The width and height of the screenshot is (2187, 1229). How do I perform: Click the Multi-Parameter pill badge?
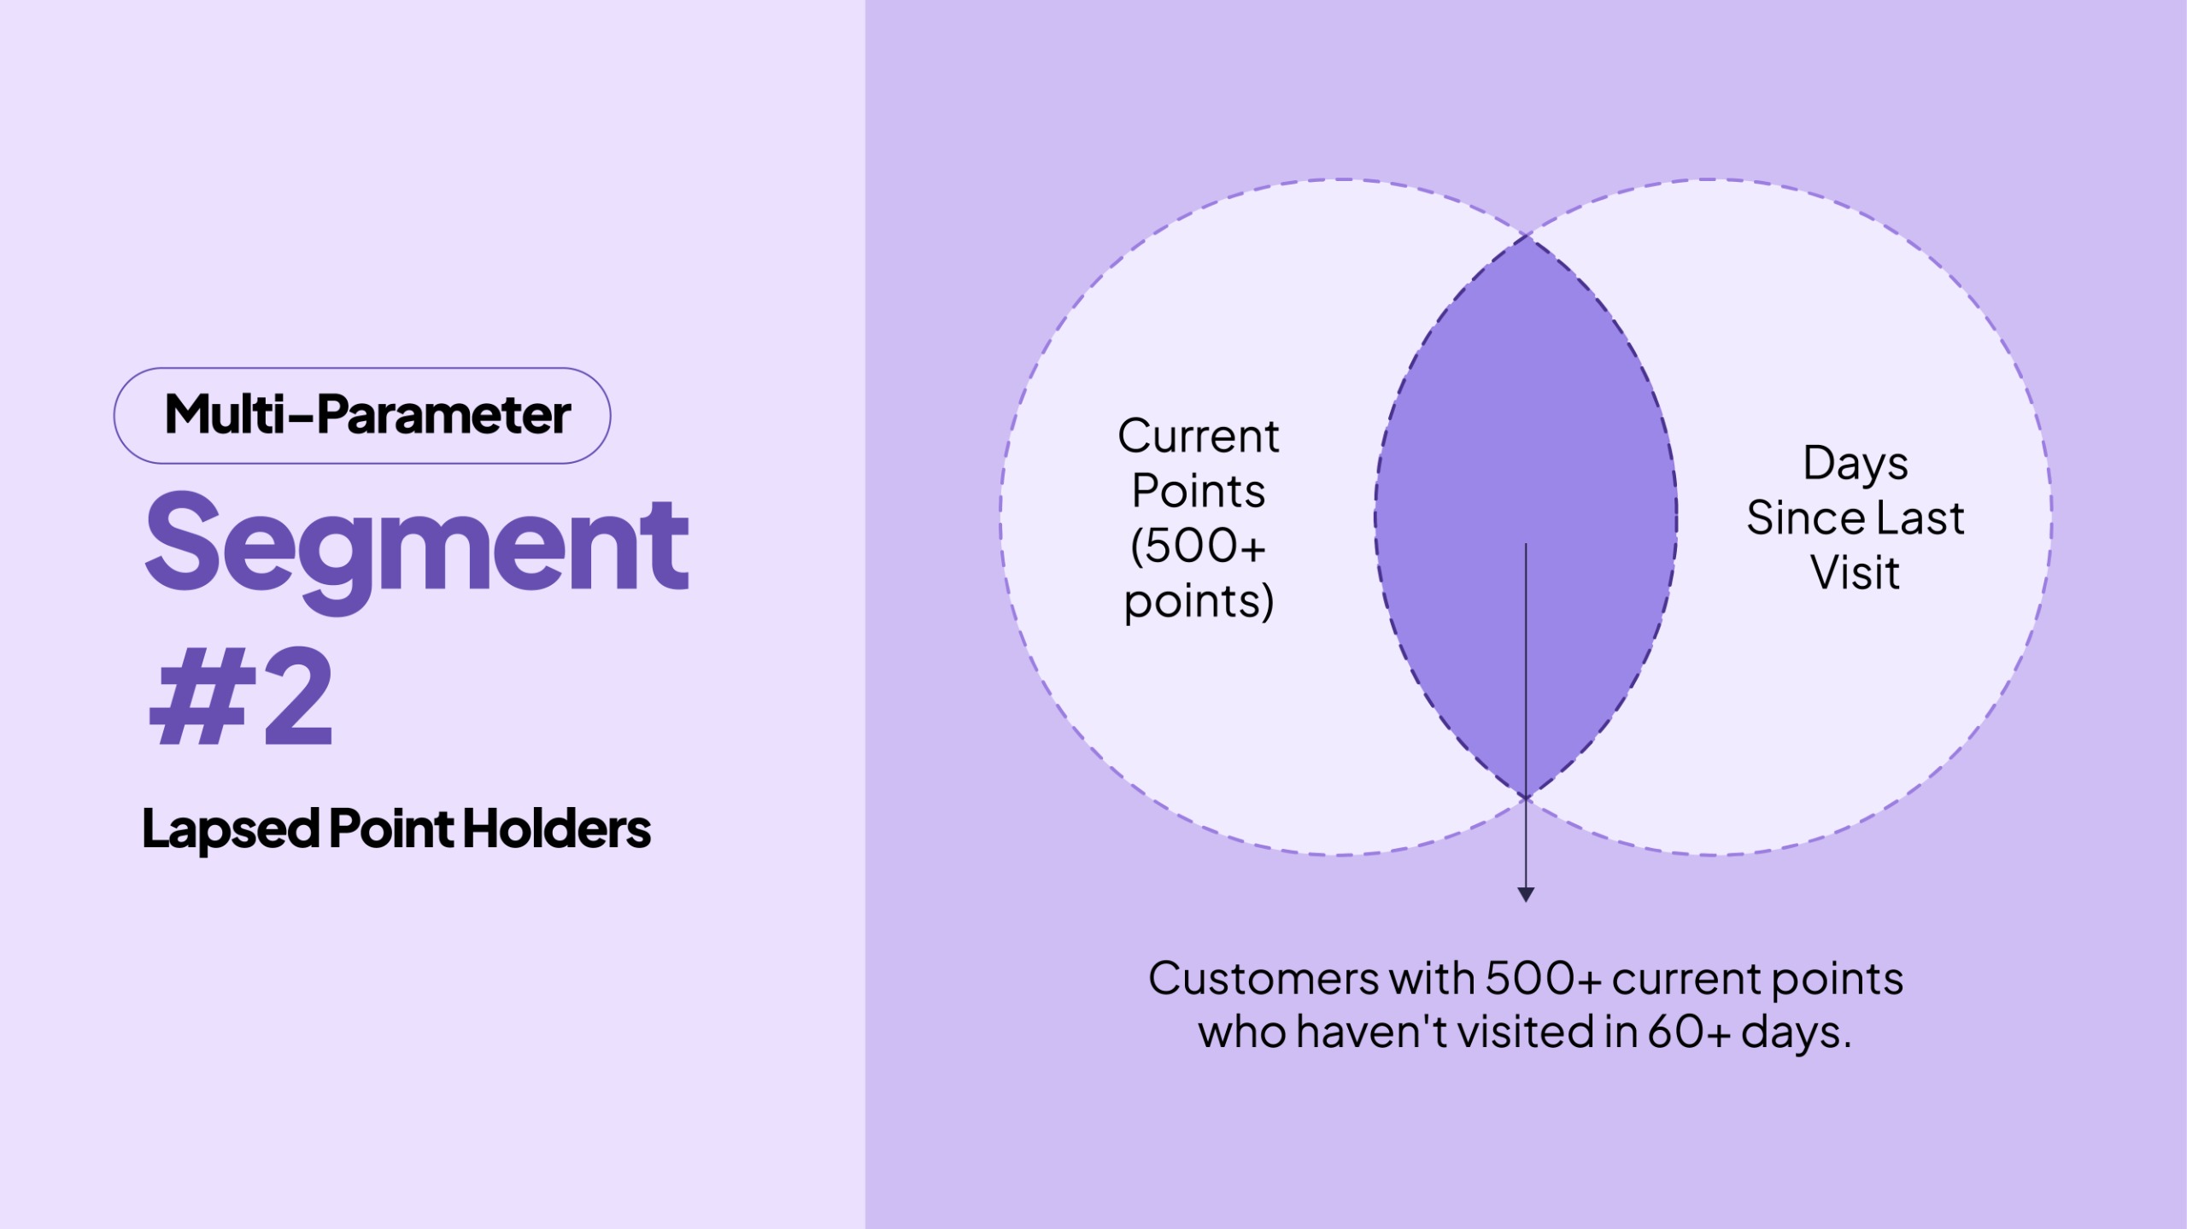pyautogui.click(x=362, y=416)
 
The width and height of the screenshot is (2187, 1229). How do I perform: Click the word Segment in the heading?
pyautogui.click(x=417, y=547)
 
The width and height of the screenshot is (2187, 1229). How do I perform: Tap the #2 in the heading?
pyautogui.click(x=241, y=696)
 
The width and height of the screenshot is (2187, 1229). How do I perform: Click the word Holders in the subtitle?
pyautogui.click(x=556, y=829)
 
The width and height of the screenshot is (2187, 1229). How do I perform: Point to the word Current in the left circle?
pyautogui.click(x=1199, y=436)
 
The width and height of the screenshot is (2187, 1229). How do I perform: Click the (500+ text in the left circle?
pyautogui.click(x=1198, y=547)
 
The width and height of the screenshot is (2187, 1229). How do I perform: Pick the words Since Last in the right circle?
pyautogui.click(x=1856, y=518)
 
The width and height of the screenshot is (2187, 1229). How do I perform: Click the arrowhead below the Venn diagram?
pyautogui.click(x=1526, y=894)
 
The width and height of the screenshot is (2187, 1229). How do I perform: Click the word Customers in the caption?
pyautogui.click(x=1264, y=979)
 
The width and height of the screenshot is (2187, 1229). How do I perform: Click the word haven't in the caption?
pyautogui.click(x=1372, y=1032)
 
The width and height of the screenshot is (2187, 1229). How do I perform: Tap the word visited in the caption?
pyautogui.click(x=1526, y=1032)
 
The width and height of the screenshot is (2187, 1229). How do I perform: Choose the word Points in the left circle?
pyautogui.click(x=1199, y=491)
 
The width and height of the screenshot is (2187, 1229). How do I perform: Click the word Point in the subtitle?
pyautogui.click(x=391, y=829)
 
